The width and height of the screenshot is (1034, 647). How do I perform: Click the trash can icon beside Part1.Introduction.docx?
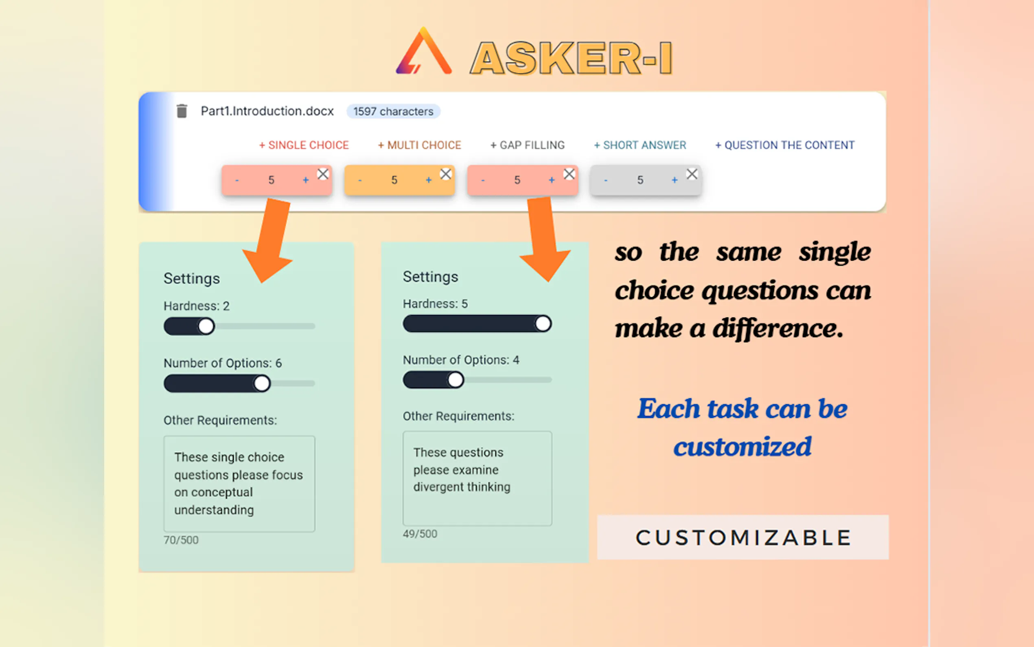point(182,111)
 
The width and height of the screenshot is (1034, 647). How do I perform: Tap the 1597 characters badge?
point(393,111)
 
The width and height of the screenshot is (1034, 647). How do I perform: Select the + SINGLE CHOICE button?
point(304,145)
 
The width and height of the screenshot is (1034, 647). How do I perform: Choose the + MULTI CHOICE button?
point(419,145)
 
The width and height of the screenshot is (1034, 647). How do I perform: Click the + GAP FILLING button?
point(528,145)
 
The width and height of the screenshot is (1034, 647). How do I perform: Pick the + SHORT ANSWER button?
point(640,145)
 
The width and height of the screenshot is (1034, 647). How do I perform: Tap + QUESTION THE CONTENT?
point(785,145)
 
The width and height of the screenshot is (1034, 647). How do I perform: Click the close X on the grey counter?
point(692,174)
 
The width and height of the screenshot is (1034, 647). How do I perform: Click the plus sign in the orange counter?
point(429,180)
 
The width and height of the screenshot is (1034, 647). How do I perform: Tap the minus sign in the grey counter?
point(606,180)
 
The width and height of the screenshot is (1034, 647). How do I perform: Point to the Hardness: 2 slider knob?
point(206,326)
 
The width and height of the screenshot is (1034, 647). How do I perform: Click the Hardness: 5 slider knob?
point(543,323)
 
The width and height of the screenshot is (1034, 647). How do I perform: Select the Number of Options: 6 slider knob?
point(262,383)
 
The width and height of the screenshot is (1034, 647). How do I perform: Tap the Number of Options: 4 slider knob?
point(456,380)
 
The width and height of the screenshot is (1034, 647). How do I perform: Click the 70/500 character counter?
point(181,540)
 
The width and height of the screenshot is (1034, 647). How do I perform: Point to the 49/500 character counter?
point(420,534)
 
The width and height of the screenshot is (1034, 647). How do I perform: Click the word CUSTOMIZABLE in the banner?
point(743,538)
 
